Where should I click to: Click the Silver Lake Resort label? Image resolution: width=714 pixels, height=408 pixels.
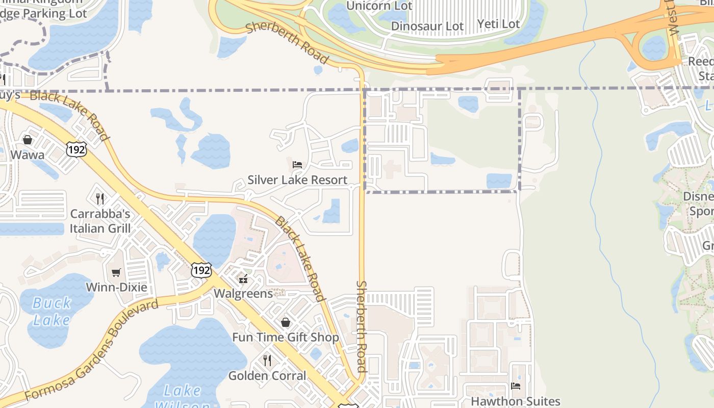tap(297, 180)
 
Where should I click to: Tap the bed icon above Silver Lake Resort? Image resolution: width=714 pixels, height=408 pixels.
tap(297, 164)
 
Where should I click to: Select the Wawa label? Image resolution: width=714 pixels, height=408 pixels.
tap(27, 155)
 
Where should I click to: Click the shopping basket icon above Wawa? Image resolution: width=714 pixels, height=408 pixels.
tap(27, 139)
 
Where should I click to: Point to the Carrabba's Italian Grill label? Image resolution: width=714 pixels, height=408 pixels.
tap(100, 221)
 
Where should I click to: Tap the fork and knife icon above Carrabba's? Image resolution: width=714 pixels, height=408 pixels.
tap(100, 198)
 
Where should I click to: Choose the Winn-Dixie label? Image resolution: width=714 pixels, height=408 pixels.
tap(116, 287)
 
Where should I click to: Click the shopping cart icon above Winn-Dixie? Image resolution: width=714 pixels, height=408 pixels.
tap(116, 272)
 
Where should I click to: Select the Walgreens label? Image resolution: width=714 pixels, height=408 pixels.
tap(243, 294)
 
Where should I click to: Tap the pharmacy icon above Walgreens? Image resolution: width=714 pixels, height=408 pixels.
tap(243, 278)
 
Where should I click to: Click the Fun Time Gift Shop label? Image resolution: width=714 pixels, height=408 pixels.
tap(286, 338)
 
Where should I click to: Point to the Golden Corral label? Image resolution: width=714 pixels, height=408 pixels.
tap(267, 376)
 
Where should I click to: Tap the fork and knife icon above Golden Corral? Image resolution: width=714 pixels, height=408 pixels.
tap(267, 361)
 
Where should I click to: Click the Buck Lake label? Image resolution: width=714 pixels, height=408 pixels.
tap(52, 312)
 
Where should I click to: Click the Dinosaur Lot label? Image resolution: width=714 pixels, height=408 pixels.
tap(428, 26)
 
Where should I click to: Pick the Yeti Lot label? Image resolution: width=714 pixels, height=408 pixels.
tap(498, 24)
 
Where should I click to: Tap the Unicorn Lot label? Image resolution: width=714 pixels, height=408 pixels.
tap(379, 6)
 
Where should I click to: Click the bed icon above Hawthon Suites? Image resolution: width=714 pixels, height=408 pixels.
tap(516, 386)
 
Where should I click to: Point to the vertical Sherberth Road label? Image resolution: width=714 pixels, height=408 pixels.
tap(361, 326)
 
